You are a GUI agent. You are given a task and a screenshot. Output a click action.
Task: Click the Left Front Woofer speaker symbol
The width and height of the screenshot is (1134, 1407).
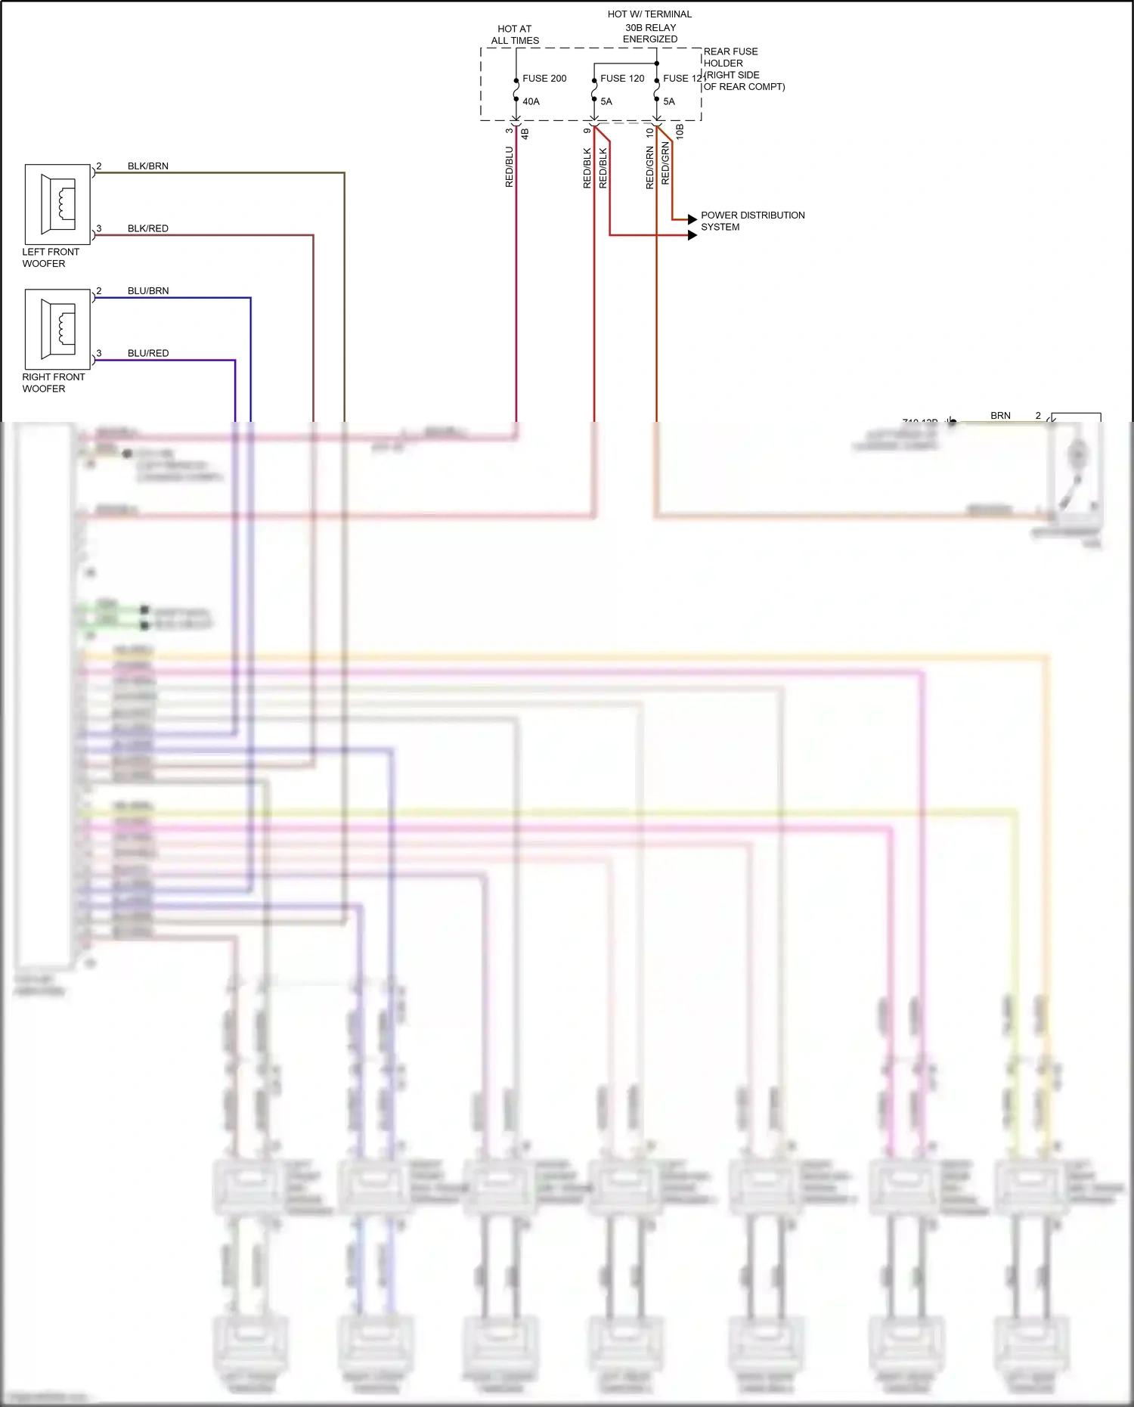point(57,204)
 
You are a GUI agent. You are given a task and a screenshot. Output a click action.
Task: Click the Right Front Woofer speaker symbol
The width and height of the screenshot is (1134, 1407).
point(57,329)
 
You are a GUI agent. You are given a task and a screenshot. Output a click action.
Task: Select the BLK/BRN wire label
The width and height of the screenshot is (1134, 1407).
point(148,166)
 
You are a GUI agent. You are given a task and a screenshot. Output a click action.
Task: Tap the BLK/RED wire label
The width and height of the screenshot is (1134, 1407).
point(148,228)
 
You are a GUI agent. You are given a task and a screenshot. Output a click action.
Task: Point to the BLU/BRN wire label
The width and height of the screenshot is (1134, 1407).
point(148,291)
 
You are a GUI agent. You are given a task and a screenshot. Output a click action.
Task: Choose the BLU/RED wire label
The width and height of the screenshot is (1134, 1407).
point(148,353)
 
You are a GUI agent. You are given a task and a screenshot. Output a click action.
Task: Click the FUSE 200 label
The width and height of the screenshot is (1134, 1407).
point(544,79)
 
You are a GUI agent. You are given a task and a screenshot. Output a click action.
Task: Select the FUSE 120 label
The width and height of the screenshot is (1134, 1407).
point(622,79)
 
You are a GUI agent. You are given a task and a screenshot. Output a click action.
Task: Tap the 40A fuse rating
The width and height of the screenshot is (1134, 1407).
point(531,101)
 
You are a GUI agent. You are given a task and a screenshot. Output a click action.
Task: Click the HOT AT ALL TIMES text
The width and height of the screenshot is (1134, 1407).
point(515,35)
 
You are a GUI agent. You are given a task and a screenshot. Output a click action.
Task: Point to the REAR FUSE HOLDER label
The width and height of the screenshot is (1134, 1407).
point(730,57)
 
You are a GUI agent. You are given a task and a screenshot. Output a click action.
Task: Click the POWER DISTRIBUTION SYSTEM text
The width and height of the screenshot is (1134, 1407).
point(752,221)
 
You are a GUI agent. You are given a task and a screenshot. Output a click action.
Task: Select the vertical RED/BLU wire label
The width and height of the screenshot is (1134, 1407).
point(510,167)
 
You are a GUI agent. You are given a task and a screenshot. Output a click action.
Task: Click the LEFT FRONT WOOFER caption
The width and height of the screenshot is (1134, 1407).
point(51,258)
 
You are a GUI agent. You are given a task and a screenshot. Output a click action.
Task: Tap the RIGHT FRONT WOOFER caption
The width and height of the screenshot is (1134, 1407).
point(54,383)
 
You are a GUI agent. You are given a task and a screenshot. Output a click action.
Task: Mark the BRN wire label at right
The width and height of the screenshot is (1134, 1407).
point(1000,416)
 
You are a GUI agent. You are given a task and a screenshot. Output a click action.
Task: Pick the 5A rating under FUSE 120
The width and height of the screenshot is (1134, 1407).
point(606,101)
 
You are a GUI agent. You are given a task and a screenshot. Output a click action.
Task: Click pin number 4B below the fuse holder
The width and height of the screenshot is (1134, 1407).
point(525,133)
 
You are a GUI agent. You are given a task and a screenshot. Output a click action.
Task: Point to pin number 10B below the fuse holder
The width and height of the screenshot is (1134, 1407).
point(680,132)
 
